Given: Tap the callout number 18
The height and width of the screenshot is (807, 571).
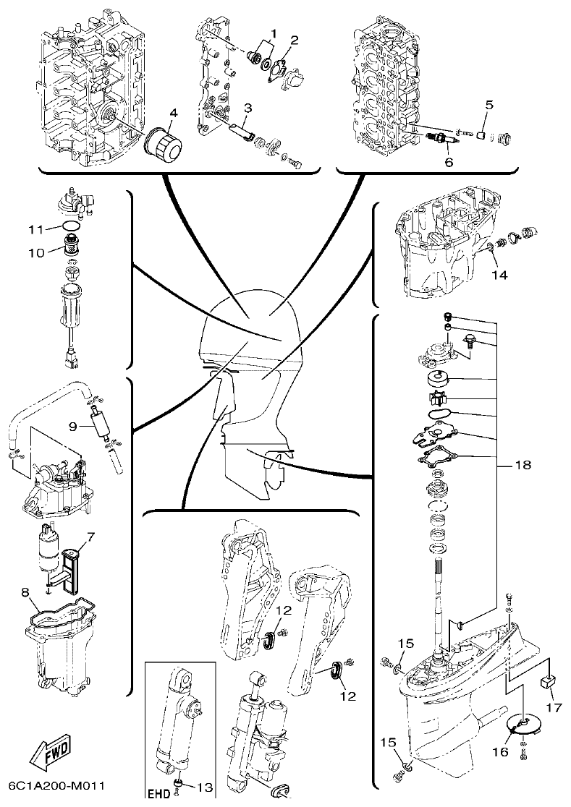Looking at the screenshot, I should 522,465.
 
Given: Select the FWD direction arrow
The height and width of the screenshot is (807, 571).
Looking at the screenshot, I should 51,756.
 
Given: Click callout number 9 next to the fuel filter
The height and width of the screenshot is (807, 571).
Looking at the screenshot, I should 72,427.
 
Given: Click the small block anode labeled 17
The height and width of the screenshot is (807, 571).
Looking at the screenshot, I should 549,681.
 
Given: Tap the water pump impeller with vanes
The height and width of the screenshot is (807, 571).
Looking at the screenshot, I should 438,398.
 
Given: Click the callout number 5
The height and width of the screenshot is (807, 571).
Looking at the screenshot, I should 488,104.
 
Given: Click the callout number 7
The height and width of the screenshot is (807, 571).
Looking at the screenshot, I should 90,537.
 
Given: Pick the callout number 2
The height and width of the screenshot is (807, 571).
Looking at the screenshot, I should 294,39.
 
